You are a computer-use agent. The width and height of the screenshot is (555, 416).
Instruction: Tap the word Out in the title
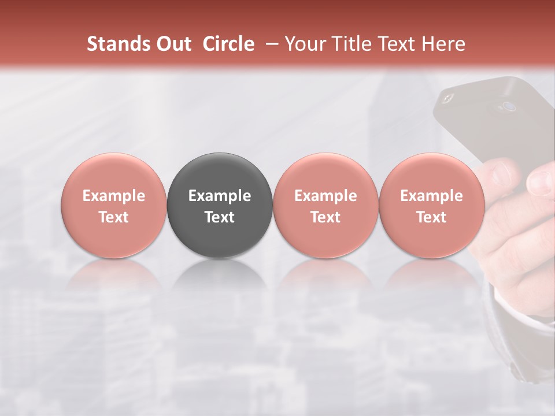172,44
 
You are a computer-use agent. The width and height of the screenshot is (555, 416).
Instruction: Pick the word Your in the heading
305,44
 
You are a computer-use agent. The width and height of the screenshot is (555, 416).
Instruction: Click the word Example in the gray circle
220,196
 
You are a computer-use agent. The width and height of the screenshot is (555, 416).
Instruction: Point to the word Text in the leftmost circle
114,217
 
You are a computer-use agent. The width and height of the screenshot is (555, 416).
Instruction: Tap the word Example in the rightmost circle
431,196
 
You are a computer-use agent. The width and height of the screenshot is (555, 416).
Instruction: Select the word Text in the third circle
325,217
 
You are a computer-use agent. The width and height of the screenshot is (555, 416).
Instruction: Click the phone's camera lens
509,106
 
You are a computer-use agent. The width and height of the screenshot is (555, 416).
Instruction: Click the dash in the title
269,44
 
